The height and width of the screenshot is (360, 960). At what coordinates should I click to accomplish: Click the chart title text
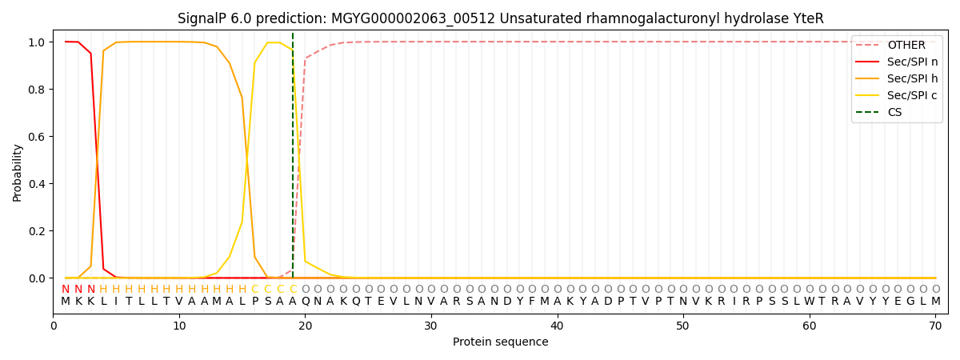500,18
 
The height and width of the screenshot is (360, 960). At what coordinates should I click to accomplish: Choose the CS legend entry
894,113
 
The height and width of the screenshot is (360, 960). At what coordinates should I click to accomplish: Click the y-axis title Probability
18,172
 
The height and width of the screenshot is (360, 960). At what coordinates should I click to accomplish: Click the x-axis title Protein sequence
500,342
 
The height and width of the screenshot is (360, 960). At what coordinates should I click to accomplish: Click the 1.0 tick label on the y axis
38,42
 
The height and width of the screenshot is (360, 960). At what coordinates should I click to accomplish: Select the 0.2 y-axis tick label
38,231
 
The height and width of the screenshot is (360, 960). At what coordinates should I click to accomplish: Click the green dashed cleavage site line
293,160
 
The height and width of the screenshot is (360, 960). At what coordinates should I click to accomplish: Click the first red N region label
66,290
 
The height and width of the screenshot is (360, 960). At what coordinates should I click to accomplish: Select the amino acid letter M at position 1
66,302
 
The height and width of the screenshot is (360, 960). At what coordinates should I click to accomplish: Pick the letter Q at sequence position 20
305,302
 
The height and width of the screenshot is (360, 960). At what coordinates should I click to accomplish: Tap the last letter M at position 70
935,302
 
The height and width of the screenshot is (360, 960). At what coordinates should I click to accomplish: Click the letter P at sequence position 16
254,302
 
